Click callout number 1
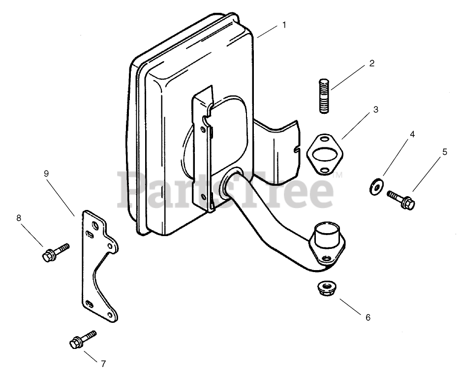[284, 25]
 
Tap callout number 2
[372, 63]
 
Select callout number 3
[375, 109]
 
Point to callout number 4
[412, 134]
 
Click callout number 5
[445, 152]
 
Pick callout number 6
[368, 317]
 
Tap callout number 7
[103, 364]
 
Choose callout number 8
[19, 217]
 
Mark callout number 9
[46, 173]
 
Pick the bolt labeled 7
[84, 340]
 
